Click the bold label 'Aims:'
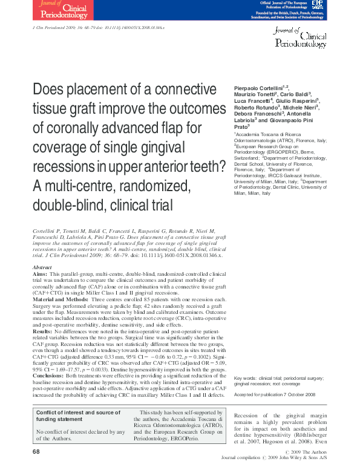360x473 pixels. (41, 273)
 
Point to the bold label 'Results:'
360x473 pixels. (44, 331)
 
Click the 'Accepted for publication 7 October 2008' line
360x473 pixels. (275, 394)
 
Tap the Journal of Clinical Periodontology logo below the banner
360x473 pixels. (300, 38)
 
